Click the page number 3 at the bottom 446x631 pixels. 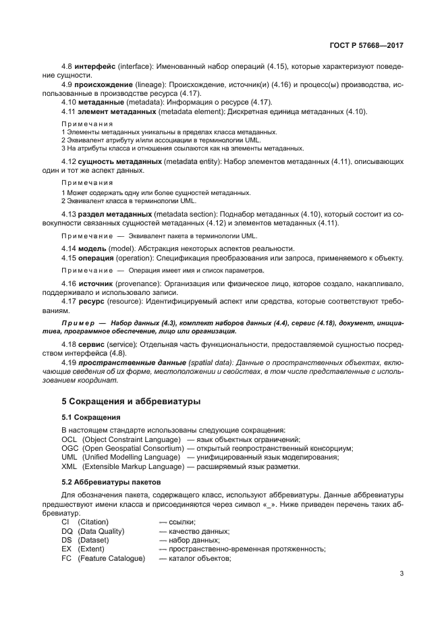pos(401,574)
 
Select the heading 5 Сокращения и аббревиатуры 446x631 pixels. pos(131,401)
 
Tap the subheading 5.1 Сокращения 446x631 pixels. pos(92,417)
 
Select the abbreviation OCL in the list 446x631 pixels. pos(69,439)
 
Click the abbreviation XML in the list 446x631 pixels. pos(69,466)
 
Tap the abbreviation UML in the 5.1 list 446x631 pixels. pos(69,457)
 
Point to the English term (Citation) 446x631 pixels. pos(93,522)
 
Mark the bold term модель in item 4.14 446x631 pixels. pos(93,249)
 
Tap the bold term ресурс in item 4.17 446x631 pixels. pos(92,302)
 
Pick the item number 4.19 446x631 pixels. pos(68,362)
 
